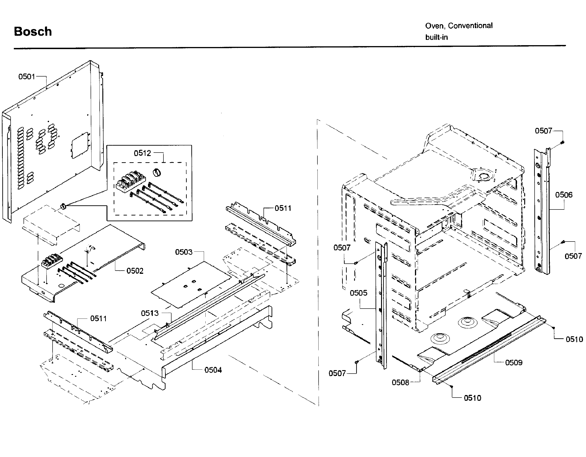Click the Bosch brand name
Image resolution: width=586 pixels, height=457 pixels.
tap(33, 32)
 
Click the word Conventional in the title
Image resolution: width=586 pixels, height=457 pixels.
tap(470, 26)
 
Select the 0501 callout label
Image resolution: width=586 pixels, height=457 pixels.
tap(27, 77)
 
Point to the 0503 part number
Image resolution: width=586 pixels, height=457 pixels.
tap(183, 252)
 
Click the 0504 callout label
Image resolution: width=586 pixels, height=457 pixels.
tap(213, 370)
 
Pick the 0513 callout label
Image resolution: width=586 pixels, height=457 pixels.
tap(150, 313)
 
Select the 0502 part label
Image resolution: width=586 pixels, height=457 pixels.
tap(135, 271)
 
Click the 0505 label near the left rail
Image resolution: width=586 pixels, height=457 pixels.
tap(358, 293)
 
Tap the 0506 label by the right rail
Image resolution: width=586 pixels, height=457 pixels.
tap(563, 195)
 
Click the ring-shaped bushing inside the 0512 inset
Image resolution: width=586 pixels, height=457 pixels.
tap(157, 172)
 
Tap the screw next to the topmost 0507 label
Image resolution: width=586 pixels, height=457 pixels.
tap(562, 142)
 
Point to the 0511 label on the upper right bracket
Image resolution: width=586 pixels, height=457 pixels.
tap(283, 208)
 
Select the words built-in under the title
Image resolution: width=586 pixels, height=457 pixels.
tap(436, 37)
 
